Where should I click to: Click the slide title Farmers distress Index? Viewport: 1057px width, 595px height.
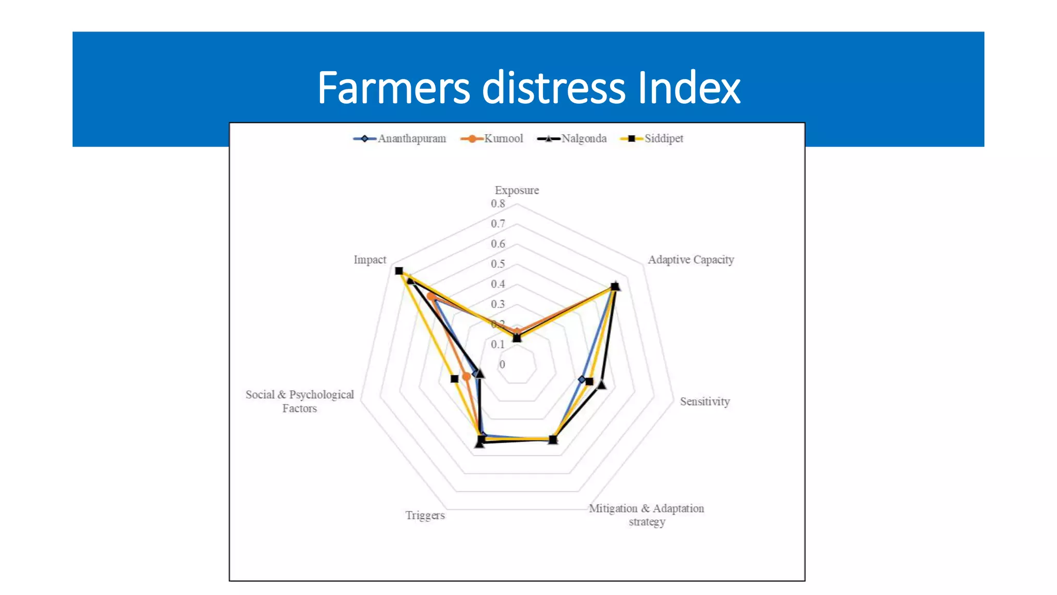pos(528,88)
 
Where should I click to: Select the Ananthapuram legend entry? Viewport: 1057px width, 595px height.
pos(400,138)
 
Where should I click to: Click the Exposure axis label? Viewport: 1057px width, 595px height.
pos(517,190)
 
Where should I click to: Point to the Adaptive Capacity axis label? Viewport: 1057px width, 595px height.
pos(691,260)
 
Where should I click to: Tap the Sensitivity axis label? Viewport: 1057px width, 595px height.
pos(704,401)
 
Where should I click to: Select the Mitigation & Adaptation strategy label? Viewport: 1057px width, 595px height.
pos(646,515)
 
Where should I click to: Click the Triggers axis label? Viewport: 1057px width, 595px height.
pos(425,515)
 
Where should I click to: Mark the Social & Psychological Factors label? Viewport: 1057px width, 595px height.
pos(299,401)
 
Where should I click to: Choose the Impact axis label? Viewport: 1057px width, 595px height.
pos(370,260)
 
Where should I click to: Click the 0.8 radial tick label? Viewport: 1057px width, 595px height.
pos(498,203)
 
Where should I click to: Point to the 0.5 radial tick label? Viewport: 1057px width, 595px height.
pos(498,264)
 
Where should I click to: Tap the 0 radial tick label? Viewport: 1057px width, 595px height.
pos(502,365)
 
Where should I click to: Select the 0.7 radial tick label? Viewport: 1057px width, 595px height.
pos(498,224)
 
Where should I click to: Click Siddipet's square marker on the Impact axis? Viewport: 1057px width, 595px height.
pos(398,271)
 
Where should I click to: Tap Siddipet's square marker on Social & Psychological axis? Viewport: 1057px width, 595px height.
pos(454,379)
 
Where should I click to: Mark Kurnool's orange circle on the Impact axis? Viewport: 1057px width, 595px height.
pos(430,296)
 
